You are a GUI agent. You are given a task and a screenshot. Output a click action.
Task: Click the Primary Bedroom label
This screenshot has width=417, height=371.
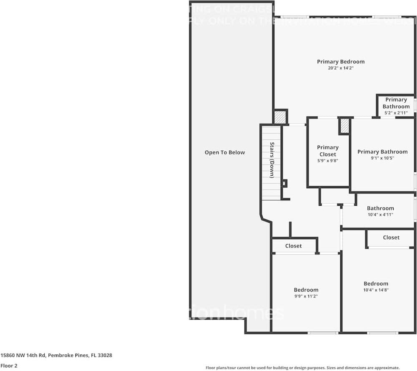(341, 62)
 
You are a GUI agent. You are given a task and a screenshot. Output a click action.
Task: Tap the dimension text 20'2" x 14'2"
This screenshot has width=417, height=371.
(341, 68)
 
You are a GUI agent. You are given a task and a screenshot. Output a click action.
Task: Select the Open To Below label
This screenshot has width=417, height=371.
(225, 152)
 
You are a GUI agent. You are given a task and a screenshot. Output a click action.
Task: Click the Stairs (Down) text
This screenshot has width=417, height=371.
(272, 160)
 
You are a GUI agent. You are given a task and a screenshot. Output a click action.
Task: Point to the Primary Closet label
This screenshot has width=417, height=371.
(328, 151)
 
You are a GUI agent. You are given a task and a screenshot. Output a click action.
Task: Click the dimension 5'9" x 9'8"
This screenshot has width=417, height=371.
(328, 161)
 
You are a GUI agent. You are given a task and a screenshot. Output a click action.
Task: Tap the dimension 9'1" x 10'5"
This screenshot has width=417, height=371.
(382, 158)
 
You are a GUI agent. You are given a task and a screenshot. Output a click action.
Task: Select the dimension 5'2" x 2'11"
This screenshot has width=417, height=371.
(396, 113)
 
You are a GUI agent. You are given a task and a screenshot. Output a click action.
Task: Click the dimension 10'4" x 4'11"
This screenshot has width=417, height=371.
(380, 215)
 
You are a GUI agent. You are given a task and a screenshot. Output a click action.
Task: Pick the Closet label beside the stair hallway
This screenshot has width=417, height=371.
(294, 246)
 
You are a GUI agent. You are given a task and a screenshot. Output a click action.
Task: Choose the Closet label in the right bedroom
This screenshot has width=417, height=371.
(391, 237)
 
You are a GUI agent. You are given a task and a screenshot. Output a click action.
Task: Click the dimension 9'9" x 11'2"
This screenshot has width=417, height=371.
(306, 296)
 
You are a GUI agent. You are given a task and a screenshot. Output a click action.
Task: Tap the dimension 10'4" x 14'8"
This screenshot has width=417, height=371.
(376, 290)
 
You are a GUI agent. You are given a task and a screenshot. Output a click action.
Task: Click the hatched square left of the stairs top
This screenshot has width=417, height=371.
(280, 117)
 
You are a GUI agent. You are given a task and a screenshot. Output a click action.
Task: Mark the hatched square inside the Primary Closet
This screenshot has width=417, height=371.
(344, 126)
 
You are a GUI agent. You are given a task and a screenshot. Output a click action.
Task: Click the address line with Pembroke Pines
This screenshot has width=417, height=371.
(56, 356)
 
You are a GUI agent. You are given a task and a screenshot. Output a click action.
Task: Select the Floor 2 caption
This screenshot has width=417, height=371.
(9, 366)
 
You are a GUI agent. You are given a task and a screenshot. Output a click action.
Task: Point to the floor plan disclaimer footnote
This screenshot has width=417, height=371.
(303, 368)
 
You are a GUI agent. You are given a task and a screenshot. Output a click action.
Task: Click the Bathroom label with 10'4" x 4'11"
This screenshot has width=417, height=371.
(380, 208)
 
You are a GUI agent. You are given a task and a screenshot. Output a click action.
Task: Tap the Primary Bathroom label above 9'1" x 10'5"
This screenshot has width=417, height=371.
(382, 151)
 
